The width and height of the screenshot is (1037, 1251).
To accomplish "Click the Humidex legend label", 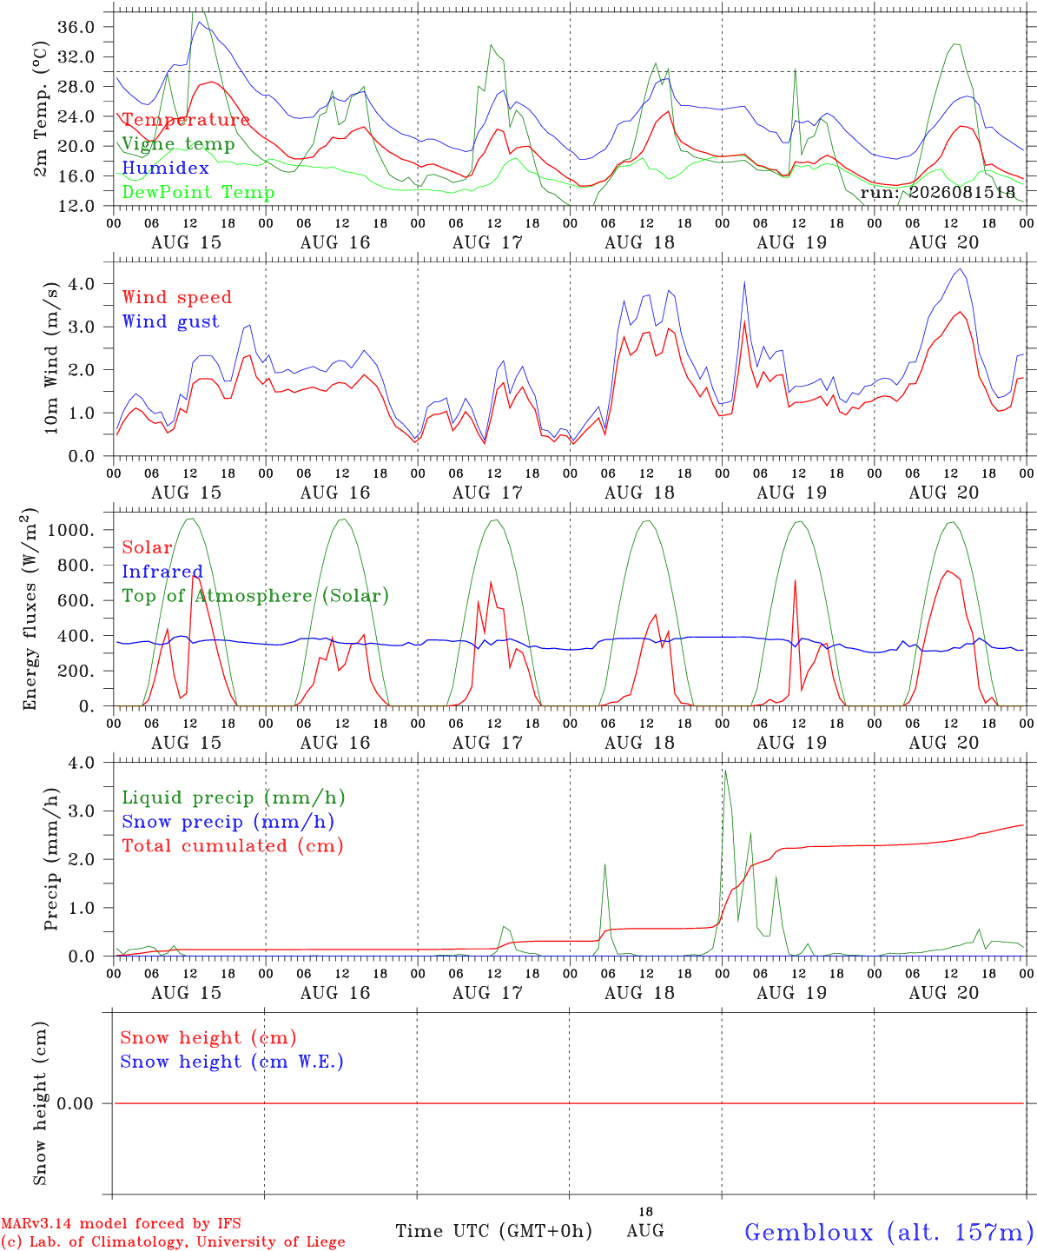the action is pos(165,168).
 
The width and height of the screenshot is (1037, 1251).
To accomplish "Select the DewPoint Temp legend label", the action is pos(198,192).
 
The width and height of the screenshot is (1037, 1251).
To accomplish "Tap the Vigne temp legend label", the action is pos(179,144).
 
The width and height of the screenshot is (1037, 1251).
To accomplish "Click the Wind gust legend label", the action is pos(171,321).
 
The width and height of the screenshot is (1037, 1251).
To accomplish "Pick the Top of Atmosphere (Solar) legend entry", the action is pos(256,596).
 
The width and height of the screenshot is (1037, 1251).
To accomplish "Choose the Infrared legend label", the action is pos(162,572).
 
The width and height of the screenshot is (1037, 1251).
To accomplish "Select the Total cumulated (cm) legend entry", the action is pos(233,845).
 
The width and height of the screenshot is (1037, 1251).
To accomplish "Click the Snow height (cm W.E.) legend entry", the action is pos(232,1061).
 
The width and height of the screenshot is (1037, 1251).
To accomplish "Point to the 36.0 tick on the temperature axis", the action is pos(76,27).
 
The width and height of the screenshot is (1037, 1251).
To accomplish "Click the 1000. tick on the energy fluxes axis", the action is pos(71,530).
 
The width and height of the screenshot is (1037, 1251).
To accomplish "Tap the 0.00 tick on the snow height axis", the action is pos(75,1103).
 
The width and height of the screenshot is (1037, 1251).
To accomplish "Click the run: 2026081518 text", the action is pos(938,192).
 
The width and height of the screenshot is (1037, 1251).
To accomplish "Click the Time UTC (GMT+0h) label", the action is pos(493,1231).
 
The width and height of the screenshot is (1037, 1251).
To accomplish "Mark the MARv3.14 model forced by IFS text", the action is pos(121,1223).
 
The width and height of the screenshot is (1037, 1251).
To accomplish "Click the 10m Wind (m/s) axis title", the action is pos(50,358).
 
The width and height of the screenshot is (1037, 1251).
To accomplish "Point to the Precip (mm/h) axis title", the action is pos(50,858).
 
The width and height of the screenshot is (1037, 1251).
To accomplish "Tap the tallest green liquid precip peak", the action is pos(725,771).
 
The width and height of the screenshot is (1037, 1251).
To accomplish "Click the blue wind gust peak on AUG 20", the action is pos(961,269).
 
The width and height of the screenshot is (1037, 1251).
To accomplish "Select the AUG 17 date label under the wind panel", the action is pos(487,493).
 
